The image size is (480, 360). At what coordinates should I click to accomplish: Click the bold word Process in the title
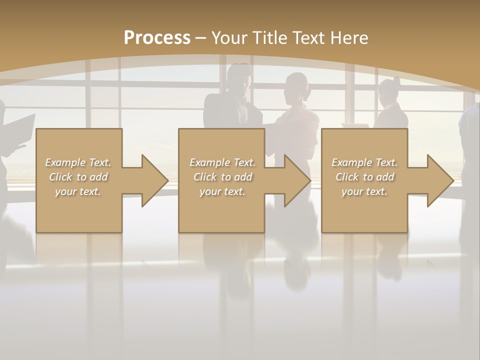[157, 37]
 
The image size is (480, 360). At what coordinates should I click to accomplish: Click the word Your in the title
[230, 37]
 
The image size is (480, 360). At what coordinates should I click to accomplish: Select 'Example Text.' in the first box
[78, 162]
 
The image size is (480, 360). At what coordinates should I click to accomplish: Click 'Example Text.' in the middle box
[222, 162]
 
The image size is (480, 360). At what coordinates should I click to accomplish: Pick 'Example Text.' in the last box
[364, 162]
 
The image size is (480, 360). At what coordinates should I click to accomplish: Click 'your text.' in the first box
[78, 191]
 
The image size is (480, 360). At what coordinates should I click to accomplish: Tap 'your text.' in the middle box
[222, 191]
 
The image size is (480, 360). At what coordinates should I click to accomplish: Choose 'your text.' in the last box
[364, 191]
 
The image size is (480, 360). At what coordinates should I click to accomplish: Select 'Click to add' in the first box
[78, 177]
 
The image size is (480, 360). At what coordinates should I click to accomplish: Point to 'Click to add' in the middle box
[222, 177]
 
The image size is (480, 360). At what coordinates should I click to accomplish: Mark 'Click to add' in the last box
[364, 177]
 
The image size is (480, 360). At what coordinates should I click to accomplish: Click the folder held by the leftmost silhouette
[20, 130]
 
